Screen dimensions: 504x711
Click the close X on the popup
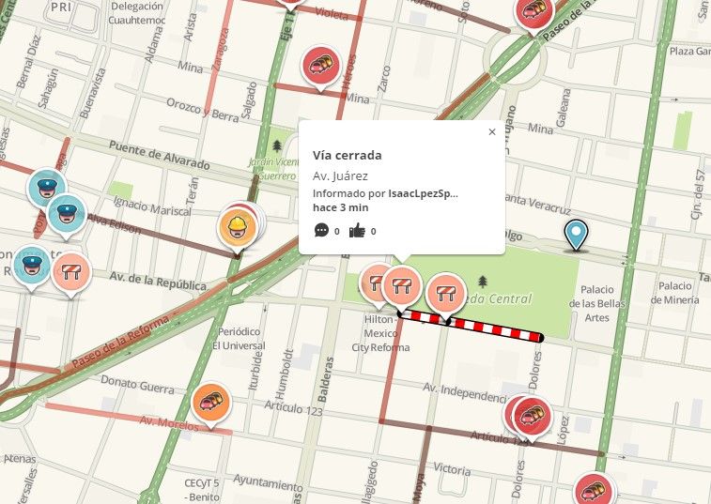click(x=492, y=132)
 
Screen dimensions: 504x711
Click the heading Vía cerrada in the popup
click(x=347, y=155)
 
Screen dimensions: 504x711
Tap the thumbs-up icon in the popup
click(x=357, y=230)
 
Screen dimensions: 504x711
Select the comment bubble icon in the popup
click(x=321, y=230)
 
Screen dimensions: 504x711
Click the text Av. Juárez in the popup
click(x=340, y=176)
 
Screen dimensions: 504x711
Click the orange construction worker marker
click(x=237, y=226)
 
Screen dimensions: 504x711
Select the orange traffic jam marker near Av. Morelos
click(x=211, y=402)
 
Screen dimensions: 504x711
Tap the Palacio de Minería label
click(x=677, y=293)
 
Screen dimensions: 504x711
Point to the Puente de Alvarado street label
click(x=159, y=153)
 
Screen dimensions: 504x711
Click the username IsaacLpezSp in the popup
click(x=423, y=193)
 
